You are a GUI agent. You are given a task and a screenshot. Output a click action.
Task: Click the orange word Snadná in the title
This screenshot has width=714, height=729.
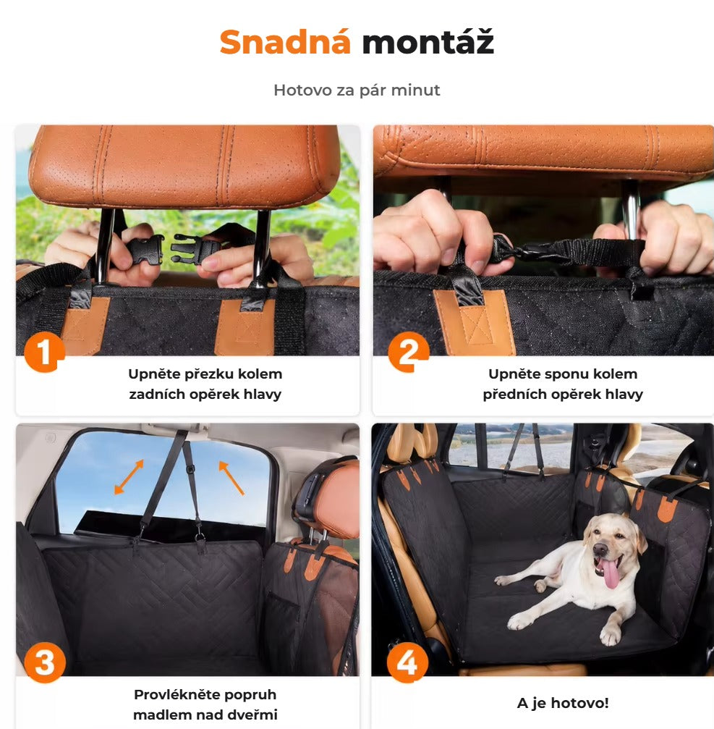coord(285,42)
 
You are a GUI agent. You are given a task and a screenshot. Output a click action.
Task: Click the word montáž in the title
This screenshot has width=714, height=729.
coord(428,41)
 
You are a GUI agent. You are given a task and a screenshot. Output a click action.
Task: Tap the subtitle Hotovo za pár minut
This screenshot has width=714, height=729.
coord(357,90)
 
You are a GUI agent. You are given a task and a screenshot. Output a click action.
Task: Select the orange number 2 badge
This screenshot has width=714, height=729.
coord(408,353)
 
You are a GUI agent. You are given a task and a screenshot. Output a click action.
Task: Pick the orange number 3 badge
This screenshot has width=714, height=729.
coord(45,662)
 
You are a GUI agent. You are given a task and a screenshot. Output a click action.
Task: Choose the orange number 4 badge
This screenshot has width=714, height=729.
coord(407,662)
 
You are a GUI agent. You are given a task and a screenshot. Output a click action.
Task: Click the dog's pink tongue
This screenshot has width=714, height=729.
coord(610,573)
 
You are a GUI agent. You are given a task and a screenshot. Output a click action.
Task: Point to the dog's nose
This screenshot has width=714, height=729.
coord(600,550)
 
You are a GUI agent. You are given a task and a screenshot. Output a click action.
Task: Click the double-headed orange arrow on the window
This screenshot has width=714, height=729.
coord(129,476)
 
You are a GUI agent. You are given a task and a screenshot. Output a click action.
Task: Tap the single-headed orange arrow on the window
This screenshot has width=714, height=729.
coord(231,478)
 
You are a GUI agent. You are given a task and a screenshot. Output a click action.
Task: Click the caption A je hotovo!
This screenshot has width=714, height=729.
coord(563,703)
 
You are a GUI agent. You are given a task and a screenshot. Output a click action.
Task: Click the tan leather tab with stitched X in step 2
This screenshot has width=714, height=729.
coord(475,322)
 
